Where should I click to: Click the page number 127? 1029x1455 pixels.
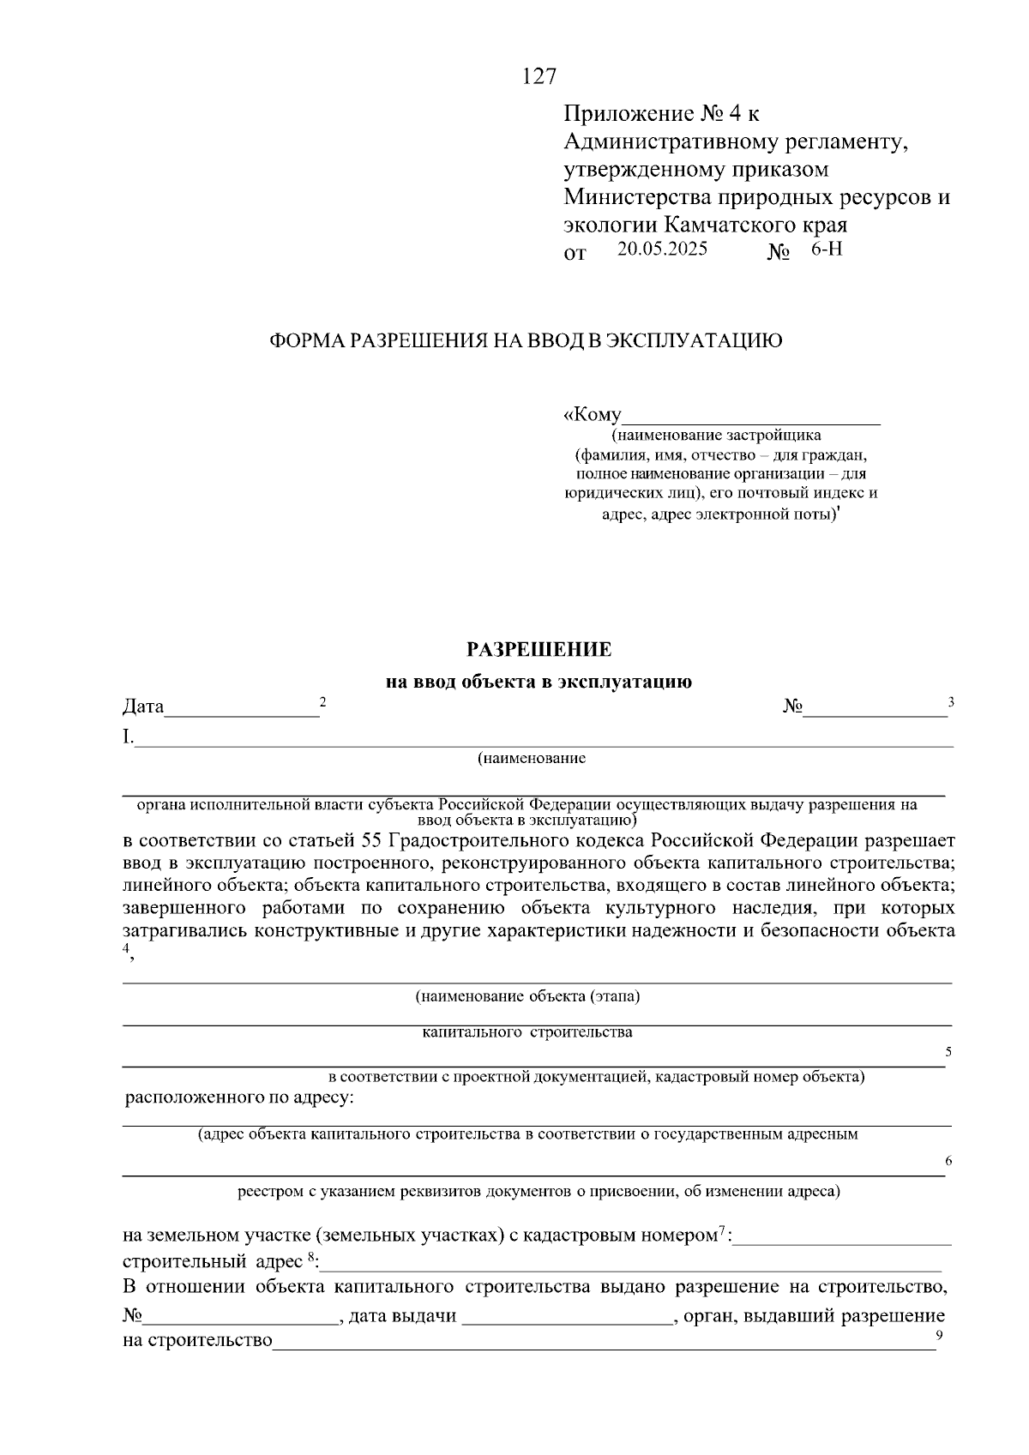539,77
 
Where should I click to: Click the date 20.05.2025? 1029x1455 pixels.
662,250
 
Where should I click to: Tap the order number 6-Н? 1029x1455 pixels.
827,250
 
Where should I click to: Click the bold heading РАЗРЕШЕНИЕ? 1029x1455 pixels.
539,649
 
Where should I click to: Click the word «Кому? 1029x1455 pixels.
593,415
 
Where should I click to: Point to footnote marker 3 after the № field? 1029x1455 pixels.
950,702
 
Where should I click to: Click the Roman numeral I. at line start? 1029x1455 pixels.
128,737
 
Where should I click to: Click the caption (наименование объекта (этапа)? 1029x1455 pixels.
528,996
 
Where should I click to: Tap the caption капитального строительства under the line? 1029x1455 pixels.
528,1032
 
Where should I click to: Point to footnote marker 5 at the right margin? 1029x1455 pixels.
948,1051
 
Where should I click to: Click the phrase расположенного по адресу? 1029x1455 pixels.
239,1097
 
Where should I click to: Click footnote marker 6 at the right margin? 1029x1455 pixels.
948,1161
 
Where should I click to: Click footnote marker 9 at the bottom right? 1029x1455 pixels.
940,1335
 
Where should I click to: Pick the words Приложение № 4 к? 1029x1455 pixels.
661,114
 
